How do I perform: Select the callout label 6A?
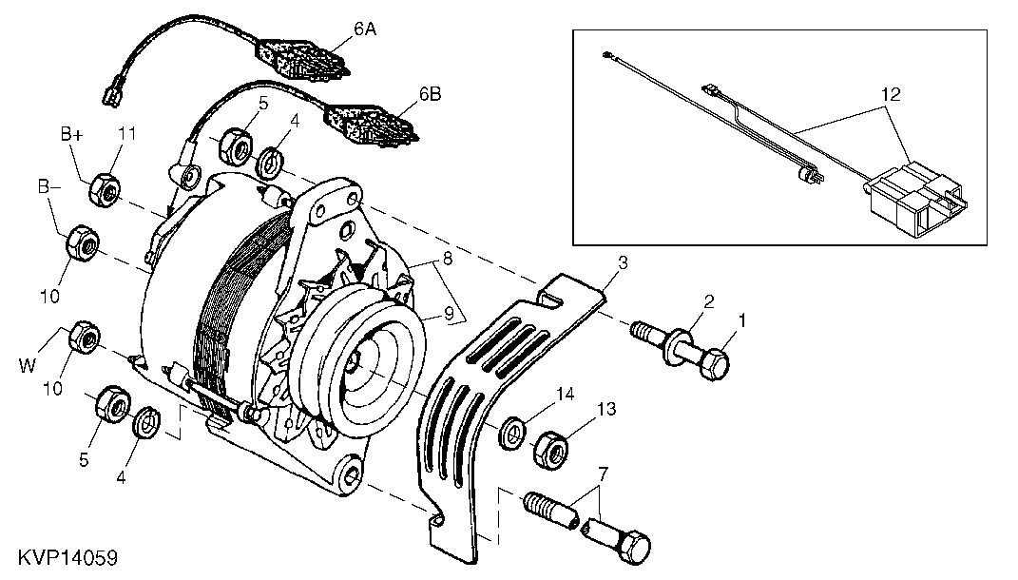(365, 30)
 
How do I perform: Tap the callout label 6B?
(430, 94)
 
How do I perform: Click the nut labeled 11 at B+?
(104, 189)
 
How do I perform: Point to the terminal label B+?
(73, 136)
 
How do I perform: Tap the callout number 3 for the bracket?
(623, 261)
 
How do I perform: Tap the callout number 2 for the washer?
(707, 303)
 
